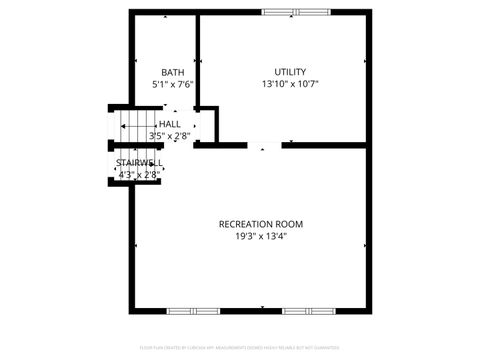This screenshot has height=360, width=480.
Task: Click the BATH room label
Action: pos(173,72)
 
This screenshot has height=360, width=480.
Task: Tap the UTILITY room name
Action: pos(290,72)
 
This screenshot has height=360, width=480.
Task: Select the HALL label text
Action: pos(169,124)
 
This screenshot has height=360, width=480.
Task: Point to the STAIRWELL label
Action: pos(139,163)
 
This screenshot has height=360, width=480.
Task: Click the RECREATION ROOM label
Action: pos(260,224)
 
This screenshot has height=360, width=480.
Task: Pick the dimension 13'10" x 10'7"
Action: pos(290,85)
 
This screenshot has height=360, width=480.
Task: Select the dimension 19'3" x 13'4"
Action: pos(260,237)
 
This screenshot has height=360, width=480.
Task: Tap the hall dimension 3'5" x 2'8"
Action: pos(169,136)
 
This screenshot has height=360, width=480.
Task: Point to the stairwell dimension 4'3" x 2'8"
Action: pos(139,175)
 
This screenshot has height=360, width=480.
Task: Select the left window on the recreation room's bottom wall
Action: pos(193,310)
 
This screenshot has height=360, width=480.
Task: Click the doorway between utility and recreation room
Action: pos(264,146)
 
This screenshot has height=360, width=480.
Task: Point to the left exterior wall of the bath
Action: pos(131,60)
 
